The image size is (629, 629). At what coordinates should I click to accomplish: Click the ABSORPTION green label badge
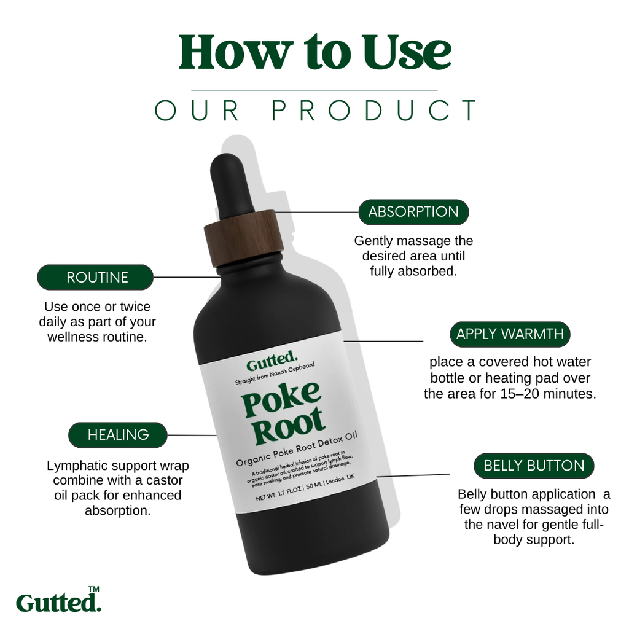point(413,212)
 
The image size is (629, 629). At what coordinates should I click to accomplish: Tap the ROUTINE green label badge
point(95,277)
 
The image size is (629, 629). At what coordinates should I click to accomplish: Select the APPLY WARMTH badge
point(510,334)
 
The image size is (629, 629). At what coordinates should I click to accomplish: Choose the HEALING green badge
point(118,435)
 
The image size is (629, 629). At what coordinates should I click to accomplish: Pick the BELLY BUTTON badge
point(534,466)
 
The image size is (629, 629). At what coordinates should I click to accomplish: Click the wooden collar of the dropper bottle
point(244,238)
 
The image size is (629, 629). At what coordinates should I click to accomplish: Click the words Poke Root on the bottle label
point(283,413)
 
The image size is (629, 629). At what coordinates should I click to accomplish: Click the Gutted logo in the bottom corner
point(58,603)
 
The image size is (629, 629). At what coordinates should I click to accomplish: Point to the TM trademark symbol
point(93,589)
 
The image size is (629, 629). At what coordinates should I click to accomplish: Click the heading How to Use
point(315,52)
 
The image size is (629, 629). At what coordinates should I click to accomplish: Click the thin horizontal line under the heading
point(314,90)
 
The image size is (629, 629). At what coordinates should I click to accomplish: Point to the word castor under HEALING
point(165,480)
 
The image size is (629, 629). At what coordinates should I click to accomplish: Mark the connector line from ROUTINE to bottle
point(187,277)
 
